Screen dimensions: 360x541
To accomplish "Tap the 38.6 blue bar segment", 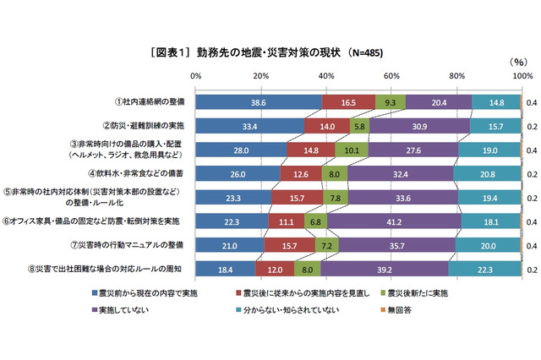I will coord(259,102).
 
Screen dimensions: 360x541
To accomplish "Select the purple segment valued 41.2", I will coord(394,221).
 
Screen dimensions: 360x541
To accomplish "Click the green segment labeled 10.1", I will coord(352,150).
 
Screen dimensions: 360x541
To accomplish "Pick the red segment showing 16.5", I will coord(348,102).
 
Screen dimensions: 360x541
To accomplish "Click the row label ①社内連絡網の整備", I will coord(150,102).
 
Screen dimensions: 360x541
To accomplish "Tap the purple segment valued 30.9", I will coord(420,126).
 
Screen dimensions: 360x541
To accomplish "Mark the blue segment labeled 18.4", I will coord(226,269).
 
